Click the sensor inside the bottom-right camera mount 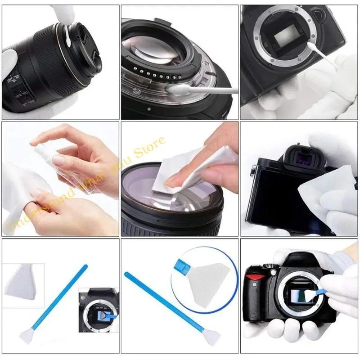(x=295, y=297)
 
